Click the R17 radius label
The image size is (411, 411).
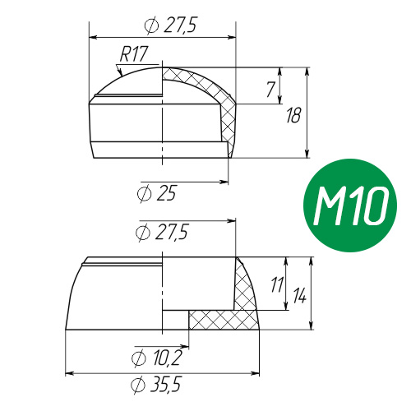tap(134, 54)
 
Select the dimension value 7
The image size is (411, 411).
tap(270, 90)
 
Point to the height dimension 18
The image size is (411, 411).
tap(293, 115)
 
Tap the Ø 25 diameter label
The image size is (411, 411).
tap(156, 194)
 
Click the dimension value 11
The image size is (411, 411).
tap(277, 284)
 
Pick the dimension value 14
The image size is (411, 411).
tap(299, 295)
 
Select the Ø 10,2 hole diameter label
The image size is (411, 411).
tap(156, 358)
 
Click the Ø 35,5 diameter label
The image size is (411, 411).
tap(156, 385)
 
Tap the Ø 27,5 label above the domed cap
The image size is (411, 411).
tap(171, 25)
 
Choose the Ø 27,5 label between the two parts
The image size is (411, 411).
tap(162, 233)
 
